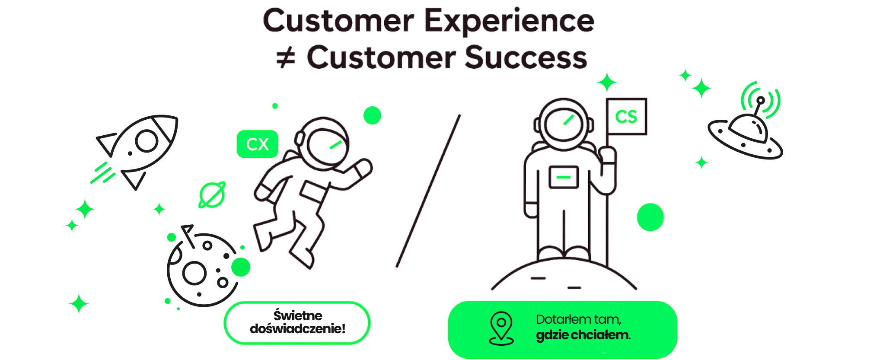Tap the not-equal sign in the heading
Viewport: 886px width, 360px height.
pos(286,58)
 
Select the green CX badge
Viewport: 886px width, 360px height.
pos(257,144)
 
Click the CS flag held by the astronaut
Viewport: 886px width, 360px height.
pos(626,117)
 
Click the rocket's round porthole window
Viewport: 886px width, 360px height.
pos(147,140)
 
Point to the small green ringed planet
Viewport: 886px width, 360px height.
pos(212,195)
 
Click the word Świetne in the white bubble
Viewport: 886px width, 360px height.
pos(298,315)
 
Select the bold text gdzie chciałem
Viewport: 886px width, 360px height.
pos(583,335)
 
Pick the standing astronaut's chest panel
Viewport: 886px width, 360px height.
pos(564,177)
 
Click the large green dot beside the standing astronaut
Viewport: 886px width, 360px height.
pos(650,217)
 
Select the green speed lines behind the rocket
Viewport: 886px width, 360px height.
pos(102,172)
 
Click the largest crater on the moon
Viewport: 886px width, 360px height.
pos(194,273)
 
